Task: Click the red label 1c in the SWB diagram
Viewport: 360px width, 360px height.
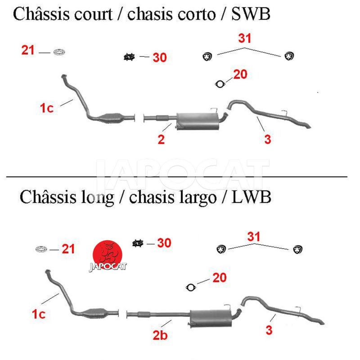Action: pos(46,108)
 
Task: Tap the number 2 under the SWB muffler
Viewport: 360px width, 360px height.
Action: pos(161,139)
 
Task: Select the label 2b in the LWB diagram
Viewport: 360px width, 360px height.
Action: pos(160,335)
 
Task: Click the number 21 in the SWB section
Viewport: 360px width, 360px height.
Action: pos(28,50)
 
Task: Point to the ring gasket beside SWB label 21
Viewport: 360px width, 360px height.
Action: pos(58,53)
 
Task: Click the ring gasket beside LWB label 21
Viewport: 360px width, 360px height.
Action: pos(42,249)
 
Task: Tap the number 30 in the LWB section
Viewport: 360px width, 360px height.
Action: pos(164,243)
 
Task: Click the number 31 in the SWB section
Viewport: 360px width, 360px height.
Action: pos(244,39)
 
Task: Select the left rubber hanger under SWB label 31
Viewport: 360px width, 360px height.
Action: pos(207,56)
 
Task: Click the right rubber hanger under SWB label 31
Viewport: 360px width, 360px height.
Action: pos(289,56)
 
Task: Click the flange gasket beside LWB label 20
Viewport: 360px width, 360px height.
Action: pos(191,287)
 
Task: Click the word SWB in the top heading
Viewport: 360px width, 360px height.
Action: pos(251,14)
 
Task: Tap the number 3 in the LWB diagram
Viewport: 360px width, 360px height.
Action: pos(269,330)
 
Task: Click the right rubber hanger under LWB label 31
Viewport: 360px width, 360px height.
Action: pos(297,249)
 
